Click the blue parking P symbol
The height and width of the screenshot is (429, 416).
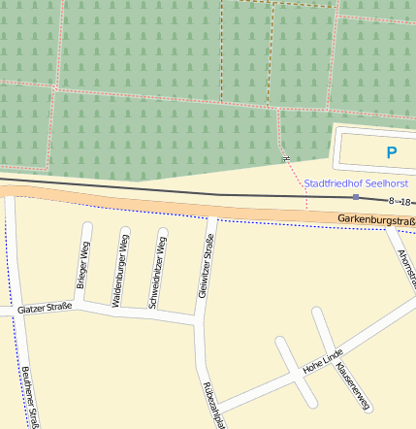pos(391,152)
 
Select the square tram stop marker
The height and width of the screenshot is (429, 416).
pos(356,197)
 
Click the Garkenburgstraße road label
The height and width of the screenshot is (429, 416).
pos(376,221)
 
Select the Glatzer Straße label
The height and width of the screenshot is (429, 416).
pos(45,309)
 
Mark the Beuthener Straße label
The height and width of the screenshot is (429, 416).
pos(30,398)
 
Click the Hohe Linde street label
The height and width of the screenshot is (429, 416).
pos(323,364)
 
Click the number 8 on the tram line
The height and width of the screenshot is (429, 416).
pos(392,201)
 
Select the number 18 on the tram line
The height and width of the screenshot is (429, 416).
pos(406,202)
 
